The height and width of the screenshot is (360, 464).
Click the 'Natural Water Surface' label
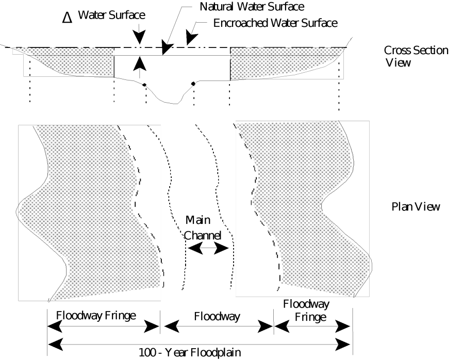[252, 7]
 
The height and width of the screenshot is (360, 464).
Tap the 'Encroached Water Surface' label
[275, 23]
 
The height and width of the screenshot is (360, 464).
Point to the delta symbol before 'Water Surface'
[67, 18]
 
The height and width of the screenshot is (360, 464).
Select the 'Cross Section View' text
[416, 56]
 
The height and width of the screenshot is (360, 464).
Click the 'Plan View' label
[416, 207]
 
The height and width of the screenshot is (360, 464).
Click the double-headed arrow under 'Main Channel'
[207, 248]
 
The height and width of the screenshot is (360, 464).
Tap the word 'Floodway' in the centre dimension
[217, 316]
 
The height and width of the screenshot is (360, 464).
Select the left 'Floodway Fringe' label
[96, 315]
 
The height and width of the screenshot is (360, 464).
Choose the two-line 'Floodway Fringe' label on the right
[306, 310]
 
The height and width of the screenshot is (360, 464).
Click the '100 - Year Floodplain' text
[190, 353]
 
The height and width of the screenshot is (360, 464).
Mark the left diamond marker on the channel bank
[144, 85]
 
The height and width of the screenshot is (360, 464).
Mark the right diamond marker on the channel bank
[193, 84]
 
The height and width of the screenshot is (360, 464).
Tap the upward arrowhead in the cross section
[139, 62]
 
